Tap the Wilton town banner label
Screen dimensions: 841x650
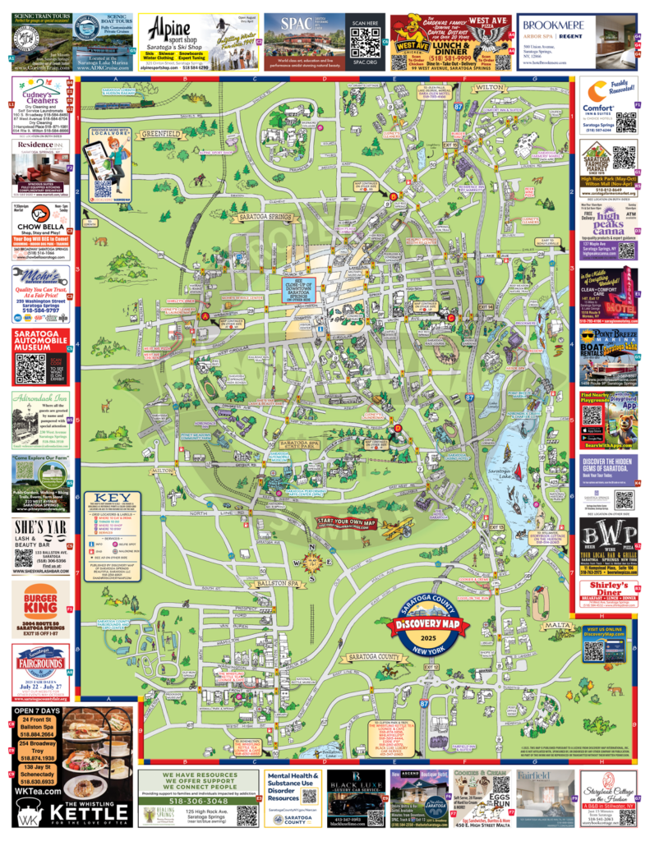point(488,86)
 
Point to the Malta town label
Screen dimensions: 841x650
point(557,625)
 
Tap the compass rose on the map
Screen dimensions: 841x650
point(312,563)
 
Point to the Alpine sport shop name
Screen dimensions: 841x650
point(169,26)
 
